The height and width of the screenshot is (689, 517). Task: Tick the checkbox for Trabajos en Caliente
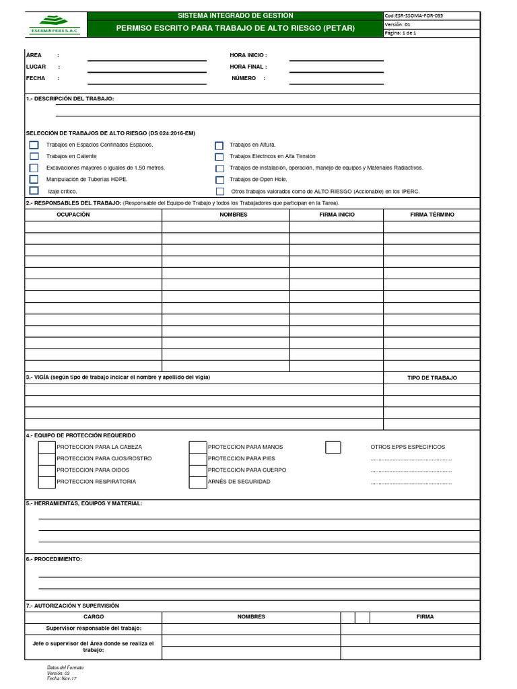[34, 156]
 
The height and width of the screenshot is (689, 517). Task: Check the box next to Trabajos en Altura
[219, 145]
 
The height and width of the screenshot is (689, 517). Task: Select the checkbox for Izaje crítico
[34, 191]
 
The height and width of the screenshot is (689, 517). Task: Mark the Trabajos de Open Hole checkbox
[219, 180]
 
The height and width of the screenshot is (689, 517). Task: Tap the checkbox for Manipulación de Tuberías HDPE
[34, 180]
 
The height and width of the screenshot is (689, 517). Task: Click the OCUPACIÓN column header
[73, 215]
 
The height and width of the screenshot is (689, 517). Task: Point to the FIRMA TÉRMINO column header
[432, 215]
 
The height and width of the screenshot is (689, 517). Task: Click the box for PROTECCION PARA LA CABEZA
[46, 447]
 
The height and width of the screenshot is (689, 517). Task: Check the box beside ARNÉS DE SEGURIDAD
[197, 482]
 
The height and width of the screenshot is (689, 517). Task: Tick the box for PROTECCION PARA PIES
[197, 459]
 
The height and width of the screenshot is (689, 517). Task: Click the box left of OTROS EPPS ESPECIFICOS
[333, 447]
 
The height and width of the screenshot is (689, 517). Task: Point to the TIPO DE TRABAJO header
[432, 378]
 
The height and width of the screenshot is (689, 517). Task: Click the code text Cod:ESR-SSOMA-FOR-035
[414, 15]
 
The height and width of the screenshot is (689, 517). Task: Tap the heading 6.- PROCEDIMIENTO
[54, 559]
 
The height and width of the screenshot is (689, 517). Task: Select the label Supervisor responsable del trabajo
[94, 628]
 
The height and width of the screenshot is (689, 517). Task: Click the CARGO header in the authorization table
[94, 616]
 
